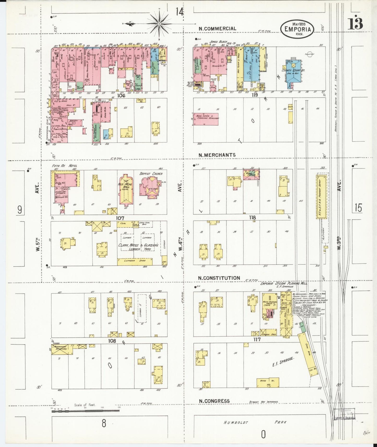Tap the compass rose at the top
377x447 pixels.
coord(159,24)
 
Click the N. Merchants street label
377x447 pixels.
coord(217,155)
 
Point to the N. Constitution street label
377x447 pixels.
coord(219,278)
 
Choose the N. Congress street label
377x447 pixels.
coord(214,401)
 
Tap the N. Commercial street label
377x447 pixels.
coord(217,29)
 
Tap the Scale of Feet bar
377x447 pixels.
coord(86,410)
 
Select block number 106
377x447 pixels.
coord(121,95)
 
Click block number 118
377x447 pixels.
coord(252,218)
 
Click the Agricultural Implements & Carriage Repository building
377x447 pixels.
coord(206,119)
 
